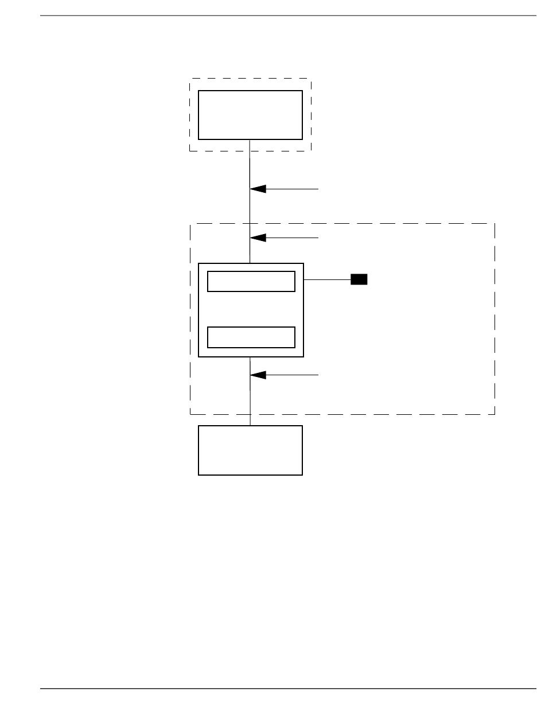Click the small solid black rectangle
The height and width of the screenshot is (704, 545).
pyautogui.click(x=359, y=279)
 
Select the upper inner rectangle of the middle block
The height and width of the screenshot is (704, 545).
pyautogui.click(x=251, y=282)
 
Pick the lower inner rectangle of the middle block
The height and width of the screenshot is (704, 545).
pyautogui.click(x=251, y=337)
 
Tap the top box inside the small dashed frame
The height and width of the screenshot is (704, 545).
pyautogui.click(x=250, y=115)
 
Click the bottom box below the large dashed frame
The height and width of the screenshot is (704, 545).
pyautogui.click(x=250, y=450)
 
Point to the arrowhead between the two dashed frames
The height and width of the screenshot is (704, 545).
pyautogui.click(x=258, y=189)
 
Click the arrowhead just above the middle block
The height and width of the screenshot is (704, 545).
pyautogui.click(x=258, y=237)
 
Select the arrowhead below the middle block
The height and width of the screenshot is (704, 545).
pyautogui.click(x=258, y=375)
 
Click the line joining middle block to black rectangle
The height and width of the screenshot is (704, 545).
pyautogui.click(x=326, y=279)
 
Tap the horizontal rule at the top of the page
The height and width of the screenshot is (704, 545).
pyautogui.click(x=287, y=16)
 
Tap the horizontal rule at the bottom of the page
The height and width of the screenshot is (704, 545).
pyautogui.click(x=287, y=688)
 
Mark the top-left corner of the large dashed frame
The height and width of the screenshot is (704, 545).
pyautogui.click(x=190, y=224)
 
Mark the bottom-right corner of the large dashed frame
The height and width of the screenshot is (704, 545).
pyautogui.click(x=495, y=414)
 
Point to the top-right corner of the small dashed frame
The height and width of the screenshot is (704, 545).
pyautogui.click(x=310, y=79)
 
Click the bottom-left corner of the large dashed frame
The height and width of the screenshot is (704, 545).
pyautogui.click(x=190, y=414)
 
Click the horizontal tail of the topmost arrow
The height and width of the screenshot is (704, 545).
pyautogui.click(x=293, y=189)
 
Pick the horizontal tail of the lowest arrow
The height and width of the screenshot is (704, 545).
pyautogui.click(x=293, y=375)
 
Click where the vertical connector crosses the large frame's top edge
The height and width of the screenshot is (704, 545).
pyautogui.click(x=250, y=224)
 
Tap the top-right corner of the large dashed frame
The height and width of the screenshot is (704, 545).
pyautogui.click(x=495, y=224)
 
